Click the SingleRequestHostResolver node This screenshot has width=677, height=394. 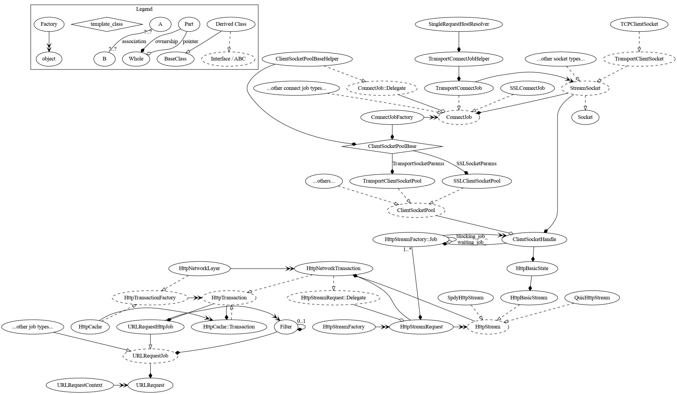click(x=459, y=24)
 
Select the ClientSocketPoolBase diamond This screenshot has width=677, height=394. click(x=392, y=146)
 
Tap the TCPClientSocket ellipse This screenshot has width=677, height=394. click(x=639, y=24)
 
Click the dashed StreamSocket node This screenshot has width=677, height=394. click(x=585, y=88)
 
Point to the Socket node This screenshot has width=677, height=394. click(x=585, y=117)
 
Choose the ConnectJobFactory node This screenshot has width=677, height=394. click(x=392, y=117)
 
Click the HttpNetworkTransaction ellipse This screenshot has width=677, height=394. click(x=333, y=268)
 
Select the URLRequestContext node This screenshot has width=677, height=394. click(x=80, y=385)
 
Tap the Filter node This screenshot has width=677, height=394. click(x=286, y=327)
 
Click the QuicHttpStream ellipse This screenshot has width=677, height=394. click(x=592, y=298)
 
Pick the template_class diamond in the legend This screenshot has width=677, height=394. click(x=107, y=24)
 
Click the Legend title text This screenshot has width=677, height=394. click(x=144, y=9)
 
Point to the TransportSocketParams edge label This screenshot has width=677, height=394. click(x=418, y=163)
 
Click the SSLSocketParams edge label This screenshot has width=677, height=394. click(x=476, y=163)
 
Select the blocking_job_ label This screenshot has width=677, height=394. click(x=472, y=237)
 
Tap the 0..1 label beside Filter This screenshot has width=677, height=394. click(x=301, y=321)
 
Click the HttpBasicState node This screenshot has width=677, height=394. click(x=532, y=268)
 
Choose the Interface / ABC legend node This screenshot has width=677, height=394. click(x=228, y=59)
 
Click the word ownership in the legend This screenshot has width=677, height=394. click(x=166, y=41)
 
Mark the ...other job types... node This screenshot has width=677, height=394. click(x=33, y=327)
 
